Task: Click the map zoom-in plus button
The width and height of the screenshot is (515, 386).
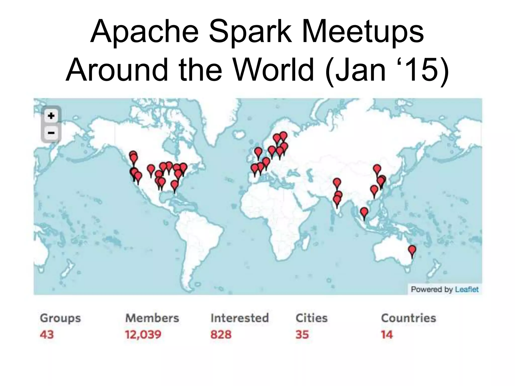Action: tap(51, 116)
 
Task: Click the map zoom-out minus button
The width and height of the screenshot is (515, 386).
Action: tap(51, 132)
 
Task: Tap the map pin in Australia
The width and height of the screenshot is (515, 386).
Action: tap(412, 250)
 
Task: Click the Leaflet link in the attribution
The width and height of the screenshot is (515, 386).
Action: tap(467, 289)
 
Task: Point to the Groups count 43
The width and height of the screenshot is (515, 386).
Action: tap(47, 334)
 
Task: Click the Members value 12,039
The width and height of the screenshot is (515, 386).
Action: tap(143, 334)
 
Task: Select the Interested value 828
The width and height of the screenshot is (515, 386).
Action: tap(221, 334)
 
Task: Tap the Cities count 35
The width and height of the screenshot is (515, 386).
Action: tap(302, 334)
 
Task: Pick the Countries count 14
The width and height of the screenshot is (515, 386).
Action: tap(387, 334)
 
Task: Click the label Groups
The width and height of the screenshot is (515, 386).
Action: tap(60, 318)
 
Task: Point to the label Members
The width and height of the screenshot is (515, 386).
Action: tap(152, 318)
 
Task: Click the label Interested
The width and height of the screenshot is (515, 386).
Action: tap(240, 318)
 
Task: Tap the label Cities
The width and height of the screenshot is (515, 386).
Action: tap(312, 318)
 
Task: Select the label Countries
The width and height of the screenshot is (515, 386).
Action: tap(408, 318)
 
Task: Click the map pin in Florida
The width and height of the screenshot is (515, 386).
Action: tap(175, 185)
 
